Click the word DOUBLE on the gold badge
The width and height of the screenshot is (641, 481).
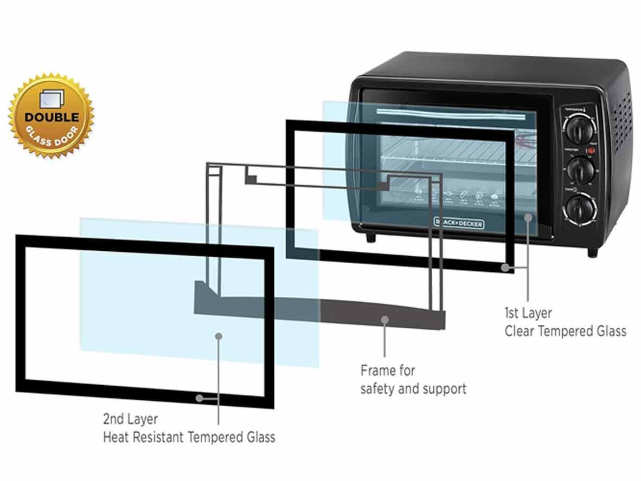(52, 117)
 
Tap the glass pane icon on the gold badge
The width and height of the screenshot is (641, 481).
(52, 99)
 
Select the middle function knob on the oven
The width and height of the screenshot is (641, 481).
(580, 169)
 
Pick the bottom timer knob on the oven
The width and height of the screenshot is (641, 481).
(581, 209)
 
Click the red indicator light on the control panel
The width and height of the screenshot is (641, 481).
(591, 151)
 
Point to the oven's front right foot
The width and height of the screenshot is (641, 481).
(592, 252)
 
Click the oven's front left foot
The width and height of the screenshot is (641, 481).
(370, 237)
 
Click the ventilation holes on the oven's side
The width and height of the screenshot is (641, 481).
(623, 122)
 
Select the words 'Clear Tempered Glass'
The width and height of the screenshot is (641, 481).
(565, 330)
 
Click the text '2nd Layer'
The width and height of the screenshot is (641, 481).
(130, 419)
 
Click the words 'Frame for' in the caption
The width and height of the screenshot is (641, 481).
(388, 371)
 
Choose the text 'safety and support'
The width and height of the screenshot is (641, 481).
(413, 388)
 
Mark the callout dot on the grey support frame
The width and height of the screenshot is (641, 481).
(384, 320)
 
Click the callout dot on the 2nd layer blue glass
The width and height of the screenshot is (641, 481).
(219, 336)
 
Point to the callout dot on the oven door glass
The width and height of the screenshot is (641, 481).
(528, 217)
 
